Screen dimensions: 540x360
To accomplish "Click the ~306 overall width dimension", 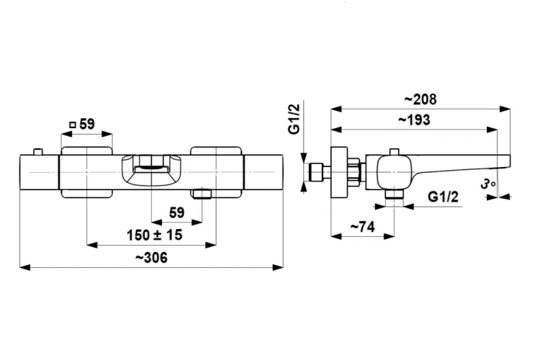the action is pos(151,258).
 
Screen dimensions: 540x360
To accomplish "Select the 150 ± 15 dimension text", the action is pos(154,235).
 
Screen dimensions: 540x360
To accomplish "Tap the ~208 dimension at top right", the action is pos(420,99).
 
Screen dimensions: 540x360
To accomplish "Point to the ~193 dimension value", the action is pos(414,120).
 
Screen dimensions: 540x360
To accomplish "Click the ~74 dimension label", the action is pos(362,227).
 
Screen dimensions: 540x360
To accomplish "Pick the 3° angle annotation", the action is pos(488,184).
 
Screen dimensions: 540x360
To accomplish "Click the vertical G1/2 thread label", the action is pos(294,119).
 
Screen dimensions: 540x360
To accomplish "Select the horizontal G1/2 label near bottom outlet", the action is pos(444,197).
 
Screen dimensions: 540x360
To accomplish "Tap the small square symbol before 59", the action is pos(72,125).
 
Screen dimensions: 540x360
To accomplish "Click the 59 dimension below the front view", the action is pos(176,213).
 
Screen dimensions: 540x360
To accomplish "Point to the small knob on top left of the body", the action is pos(37,152).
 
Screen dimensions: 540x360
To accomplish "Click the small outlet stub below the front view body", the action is pos(202,194).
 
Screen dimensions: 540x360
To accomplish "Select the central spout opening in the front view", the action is pos(151,168).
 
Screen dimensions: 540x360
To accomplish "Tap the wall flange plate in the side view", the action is pos(339,172).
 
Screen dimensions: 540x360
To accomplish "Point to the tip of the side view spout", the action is pos(510,162).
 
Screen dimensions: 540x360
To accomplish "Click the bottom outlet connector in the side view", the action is pos(394,194).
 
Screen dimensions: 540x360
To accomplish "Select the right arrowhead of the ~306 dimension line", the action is pos(278,267).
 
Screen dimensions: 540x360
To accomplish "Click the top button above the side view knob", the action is pos(394,152).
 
